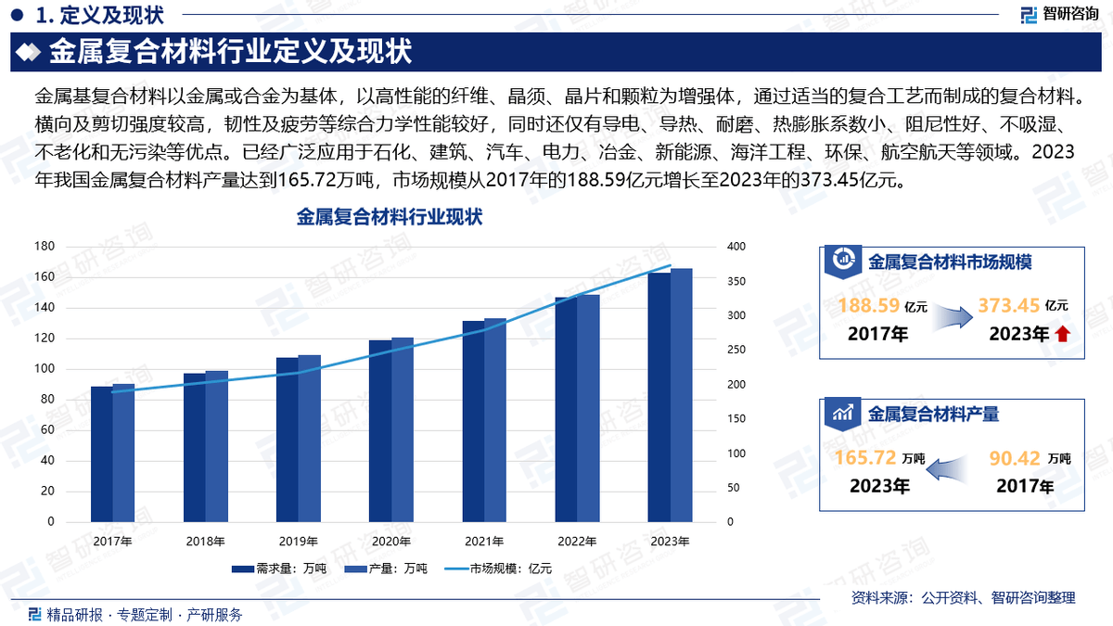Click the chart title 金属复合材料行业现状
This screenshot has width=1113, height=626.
[390, 218]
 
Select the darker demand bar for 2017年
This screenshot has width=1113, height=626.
[101, 454]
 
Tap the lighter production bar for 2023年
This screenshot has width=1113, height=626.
[682, 395]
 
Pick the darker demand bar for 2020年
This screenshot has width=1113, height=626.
[379, 431]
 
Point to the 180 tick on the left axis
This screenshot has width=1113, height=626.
[44, 247]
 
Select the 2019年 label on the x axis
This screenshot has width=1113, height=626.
[298, 542]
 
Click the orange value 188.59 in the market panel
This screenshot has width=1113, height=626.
[868, 305]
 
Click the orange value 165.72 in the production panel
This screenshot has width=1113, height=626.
[864, 457]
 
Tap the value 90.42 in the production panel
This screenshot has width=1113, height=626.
[1015, 457]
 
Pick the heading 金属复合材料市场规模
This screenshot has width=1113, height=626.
[950, 262]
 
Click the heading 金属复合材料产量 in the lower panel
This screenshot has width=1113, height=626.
[933, 415]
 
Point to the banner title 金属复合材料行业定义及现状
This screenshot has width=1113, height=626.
[229, 51]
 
